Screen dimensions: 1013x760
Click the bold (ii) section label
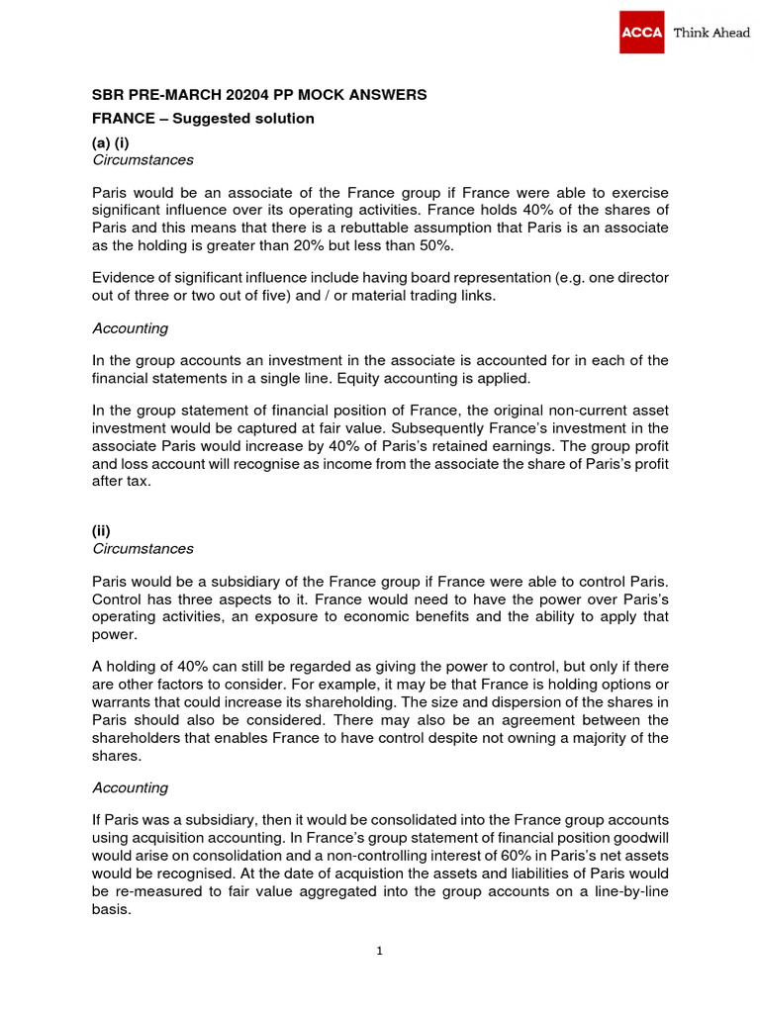pos(101,531)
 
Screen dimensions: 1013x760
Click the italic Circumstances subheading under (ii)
pos(142,548)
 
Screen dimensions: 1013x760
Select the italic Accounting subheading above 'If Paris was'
pos(130,787)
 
